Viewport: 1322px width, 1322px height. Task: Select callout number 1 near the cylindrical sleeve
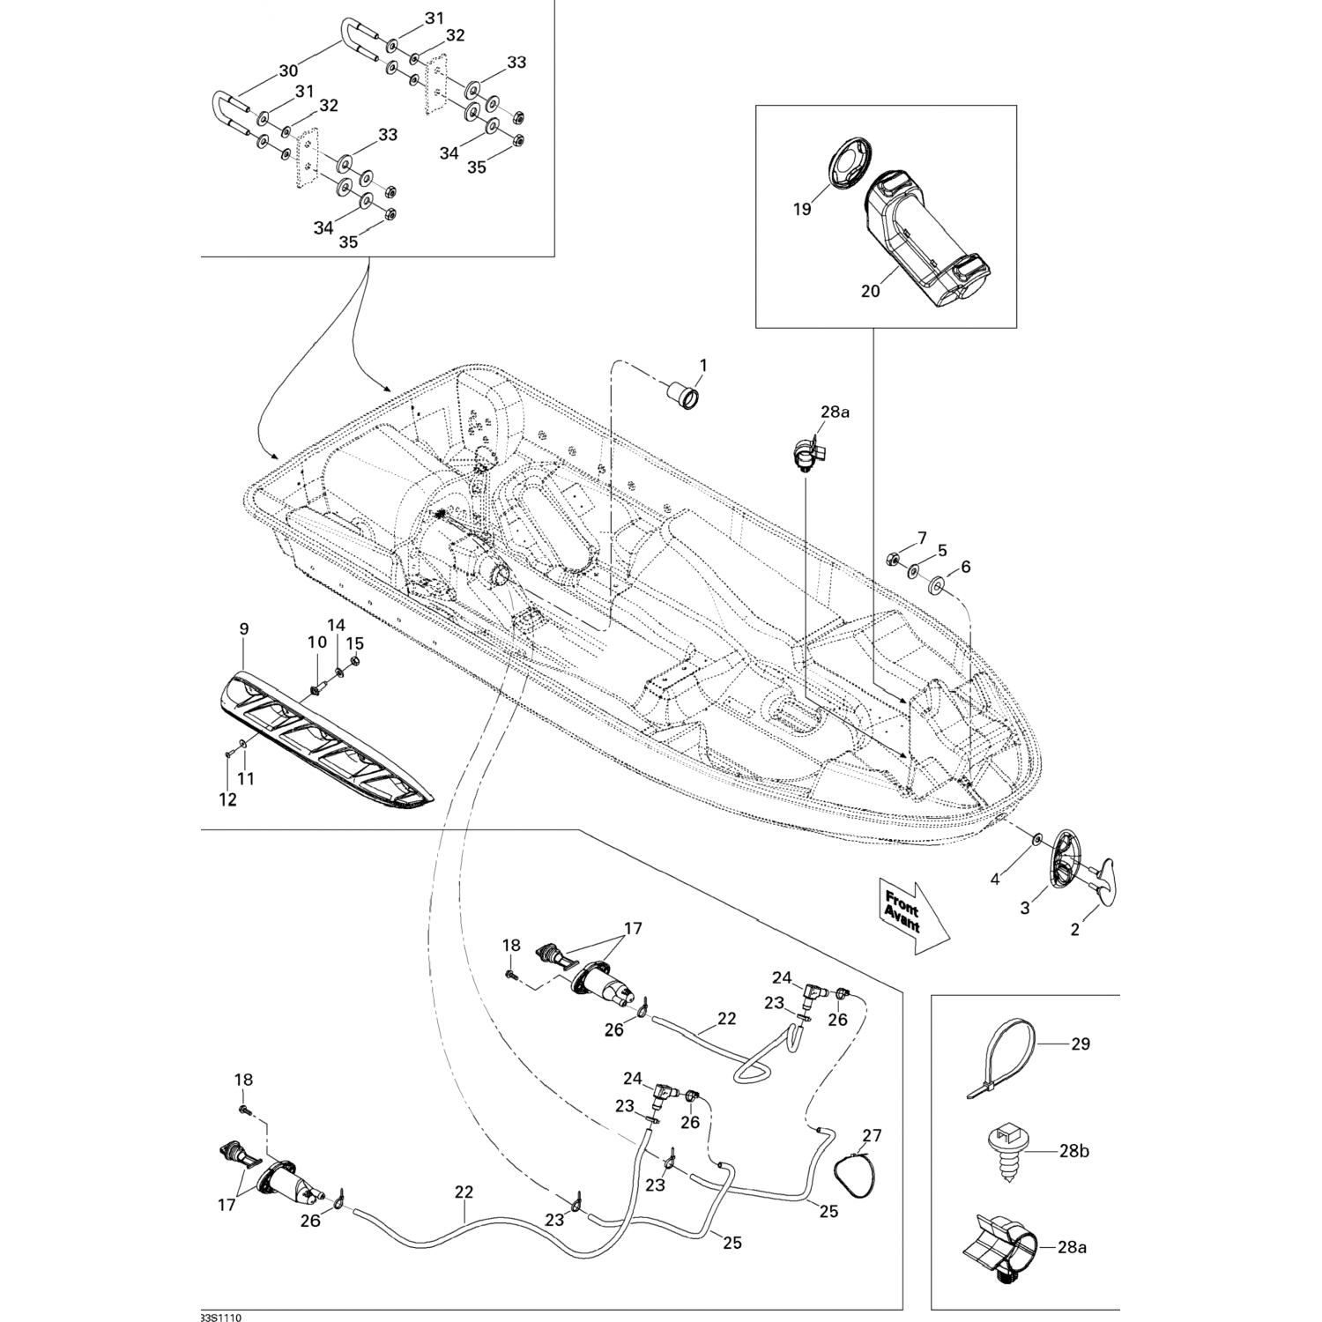pos(703,364)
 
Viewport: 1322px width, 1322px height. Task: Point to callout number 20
pos(870,291)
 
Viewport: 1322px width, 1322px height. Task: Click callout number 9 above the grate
pos(244,628)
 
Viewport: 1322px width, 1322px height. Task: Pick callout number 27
pos(872,1135)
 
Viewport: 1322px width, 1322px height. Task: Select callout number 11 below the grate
pos(247,778)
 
